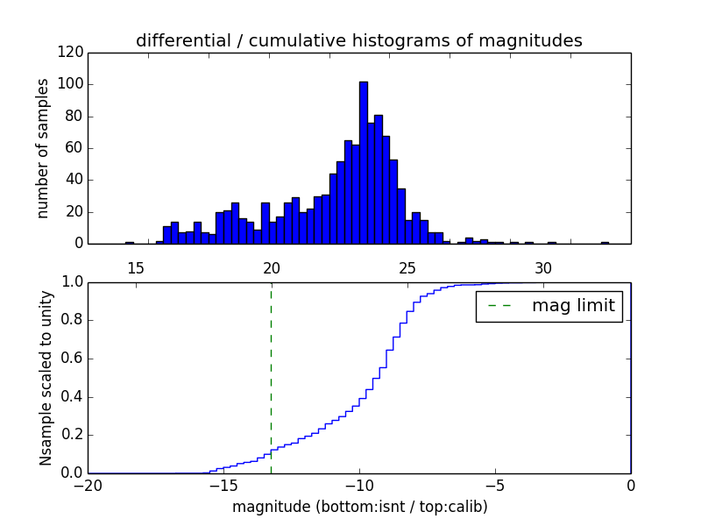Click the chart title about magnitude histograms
click(x=358, y=40)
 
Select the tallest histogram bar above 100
click(x=363, y=162)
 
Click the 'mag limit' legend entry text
click(x=574, y=306)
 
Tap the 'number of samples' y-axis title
click(x=42, y=147)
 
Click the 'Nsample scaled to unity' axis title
click(x=46, y=377)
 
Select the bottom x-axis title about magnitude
click(x=359, y=507)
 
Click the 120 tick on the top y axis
click(x=74, y=53)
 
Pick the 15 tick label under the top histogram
click(x=136, y=267)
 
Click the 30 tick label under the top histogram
click(x=543, y=267)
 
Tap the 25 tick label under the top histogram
click(x=407, y=267)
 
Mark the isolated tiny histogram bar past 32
click(x=605, y=243)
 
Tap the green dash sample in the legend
click(x=498, y=306)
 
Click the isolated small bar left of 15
click(x=130, y=243)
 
